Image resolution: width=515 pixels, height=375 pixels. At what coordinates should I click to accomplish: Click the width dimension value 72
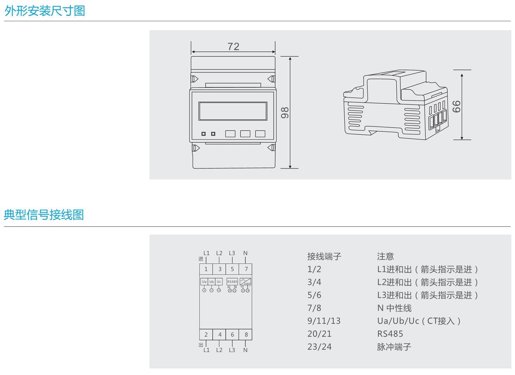click(x=233, y=46)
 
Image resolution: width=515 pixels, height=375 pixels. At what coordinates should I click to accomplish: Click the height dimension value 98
click(x=285, y=113)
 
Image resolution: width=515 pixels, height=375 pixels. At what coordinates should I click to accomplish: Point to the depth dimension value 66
click(x=457, y=106)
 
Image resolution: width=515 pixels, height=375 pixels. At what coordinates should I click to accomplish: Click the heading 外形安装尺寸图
click(x=45, y=11)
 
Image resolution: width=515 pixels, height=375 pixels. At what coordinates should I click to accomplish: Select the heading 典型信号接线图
click(x=44, y=215)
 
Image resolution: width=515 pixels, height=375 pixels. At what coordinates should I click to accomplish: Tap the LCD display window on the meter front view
click(x=233, y=111)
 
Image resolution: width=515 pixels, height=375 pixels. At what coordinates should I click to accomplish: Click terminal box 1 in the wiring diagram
click(x=206, y=269)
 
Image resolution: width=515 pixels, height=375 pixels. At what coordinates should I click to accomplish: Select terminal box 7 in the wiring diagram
click(x=246, y=269)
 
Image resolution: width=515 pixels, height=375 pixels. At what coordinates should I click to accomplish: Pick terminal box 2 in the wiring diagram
click(x=206, y=335)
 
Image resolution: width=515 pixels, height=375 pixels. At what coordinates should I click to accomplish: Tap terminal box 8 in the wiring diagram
click(x=246, y=335)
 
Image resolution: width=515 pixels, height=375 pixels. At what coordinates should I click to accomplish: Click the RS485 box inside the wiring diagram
click(x=232, y=282)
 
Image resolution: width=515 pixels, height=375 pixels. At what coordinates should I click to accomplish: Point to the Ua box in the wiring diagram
click(x=204, y=282)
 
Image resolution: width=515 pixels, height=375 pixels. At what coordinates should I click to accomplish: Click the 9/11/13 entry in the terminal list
click(x=324, y=321)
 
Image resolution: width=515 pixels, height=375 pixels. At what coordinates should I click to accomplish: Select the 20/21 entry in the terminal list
click(x=319, y=334)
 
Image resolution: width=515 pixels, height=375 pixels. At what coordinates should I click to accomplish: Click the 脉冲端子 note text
click(x=394, y=347)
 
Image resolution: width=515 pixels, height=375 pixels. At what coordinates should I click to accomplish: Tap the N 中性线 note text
click(x=394, y=308)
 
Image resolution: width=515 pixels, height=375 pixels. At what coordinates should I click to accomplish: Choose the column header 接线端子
click(x=324, y=256)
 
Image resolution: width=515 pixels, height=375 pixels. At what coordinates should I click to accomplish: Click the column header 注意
click(x=385, y=256)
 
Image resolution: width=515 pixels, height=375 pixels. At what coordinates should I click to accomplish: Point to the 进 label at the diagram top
click(x=201, y=259)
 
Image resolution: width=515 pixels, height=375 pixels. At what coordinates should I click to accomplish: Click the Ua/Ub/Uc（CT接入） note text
click(x=419, y=321)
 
